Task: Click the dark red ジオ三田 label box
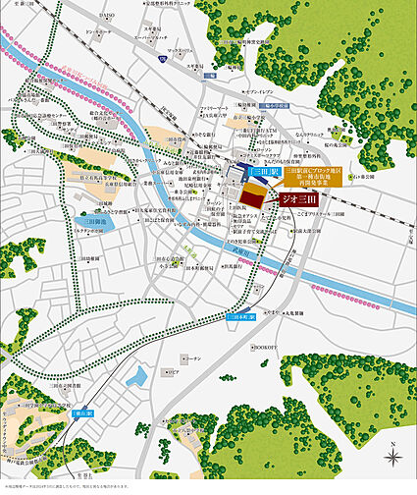pyautogui.click(x=297, y=198)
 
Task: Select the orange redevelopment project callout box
pyautogui.click(x=313, y=180)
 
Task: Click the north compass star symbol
pyautogui.click(x=391, y=427)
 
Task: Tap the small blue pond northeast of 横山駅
pyautogui.click(x=140, y=375)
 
